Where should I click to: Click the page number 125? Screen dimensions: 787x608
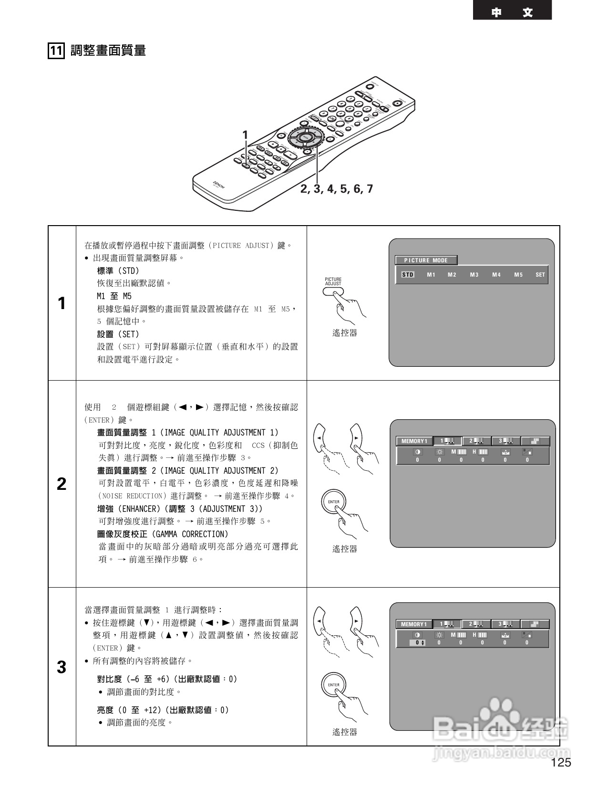(561, 763)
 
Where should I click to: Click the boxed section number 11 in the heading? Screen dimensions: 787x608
(56, 51)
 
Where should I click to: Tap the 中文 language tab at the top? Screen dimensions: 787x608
(512, 12)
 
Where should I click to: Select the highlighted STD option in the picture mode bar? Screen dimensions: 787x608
(408, 275)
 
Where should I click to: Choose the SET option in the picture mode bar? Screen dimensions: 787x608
(540, 275)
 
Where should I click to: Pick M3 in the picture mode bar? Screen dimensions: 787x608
(474, 275)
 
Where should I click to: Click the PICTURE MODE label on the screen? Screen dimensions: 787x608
(426, 260)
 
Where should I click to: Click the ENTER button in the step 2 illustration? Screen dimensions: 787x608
(334, 502)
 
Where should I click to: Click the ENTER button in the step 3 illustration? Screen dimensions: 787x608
(334, 685)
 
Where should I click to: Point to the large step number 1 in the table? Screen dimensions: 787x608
(62, 303)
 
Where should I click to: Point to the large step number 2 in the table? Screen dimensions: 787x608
(62, 484)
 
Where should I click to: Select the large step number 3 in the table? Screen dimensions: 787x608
(62, 667)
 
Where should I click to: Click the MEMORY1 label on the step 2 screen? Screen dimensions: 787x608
(414, 441)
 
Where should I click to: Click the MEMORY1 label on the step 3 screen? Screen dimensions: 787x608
(413, 624)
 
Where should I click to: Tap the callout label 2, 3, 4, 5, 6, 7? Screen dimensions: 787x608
(337, 189)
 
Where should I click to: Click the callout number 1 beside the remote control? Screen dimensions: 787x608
(246, 135)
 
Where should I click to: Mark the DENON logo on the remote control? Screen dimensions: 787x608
(218, 185)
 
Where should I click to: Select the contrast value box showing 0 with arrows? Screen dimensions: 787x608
(418, 643)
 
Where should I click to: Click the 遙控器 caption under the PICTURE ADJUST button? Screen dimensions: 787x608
(344, 333)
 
